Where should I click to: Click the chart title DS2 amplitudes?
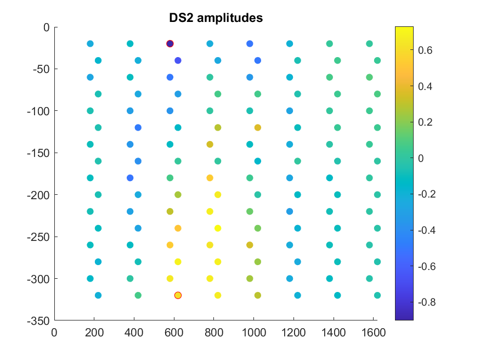pyautogui.click(x=216, y=18)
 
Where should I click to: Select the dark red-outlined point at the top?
pyautogui.click(x=170, y=44)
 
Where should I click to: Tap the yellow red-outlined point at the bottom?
pyautogui.click(x=178, y=295)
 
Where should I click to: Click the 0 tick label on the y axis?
pyautogui.click(x=47, y=27)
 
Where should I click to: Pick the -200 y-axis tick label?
pyautogui.click(x=39, y=195)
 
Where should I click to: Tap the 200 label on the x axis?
pyautogui.click(x=94, y=331)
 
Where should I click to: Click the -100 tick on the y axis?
pyautogui.click(x=39, y=111)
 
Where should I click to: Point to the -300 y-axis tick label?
pyautogui.click(x=39, y=279)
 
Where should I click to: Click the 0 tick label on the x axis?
pyautogui.click(x=54, y=331)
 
